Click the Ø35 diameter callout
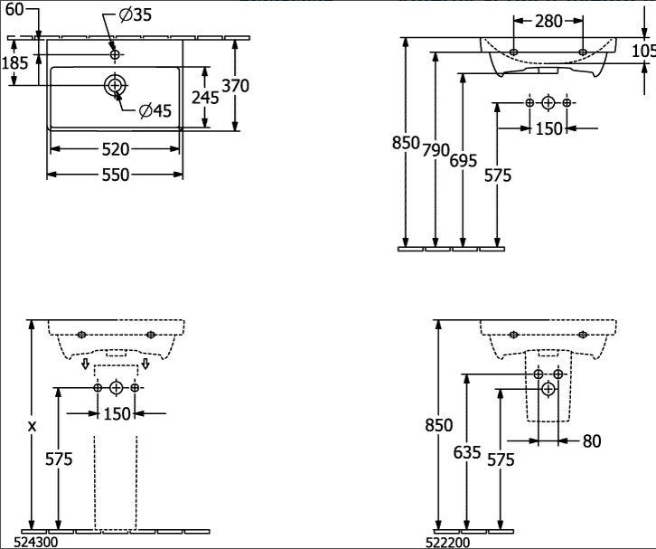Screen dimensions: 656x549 pyautogui.click(x=136, y=15)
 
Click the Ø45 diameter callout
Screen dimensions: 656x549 pyautogui.click(x=155, y=110)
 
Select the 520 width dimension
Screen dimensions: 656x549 pyautogui.click(x=116, y=149)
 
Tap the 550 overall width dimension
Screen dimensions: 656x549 pyautogui.click(x=116, y=175)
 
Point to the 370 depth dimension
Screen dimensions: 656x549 pyautogui.click(x=236, y=85)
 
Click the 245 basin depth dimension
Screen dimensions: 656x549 pyautogui.click(x=205, y=97)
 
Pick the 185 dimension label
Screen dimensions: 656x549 pyautogui.click(x=15, y=63)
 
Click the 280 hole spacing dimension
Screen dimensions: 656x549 pyautogui.click(x=548, y=21)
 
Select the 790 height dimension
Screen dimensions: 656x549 pyautogui.click(x=436, y=150)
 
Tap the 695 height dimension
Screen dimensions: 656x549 pyautogui.click(x=464, y=160)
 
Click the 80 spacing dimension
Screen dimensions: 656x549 pyautogui.click(x=592, y=441)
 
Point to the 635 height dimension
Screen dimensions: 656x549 pyautogui.click(x=467, y=452)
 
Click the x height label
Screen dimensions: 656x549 pyautogui.click(x=32, y=427)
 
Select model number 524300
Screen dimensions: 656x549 pyautogui.click(x=36, y=543)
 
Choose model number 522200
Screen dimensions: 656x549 pyautogui.click(x=447, y=543)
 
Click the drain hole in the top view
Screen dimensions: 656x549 pyautogui.click(x=114, y=85)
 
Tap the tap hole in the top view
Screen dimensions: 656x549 pyautogui.click(x=115, y=54)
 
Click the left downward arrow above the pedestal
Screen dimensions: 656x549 pyautogui.click(x=85, y=364)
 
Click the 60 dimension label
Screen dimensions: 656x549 pyautogui.click(x=14, y=10)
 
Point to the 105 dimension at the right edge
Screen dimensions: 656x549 pyautogui.click(x=643, y=51)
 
